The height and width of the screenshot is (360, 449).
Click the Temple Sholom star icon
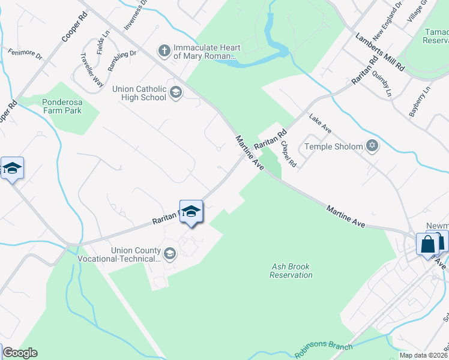(372, 146)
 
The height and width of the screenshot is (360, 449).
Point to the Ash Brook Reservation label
(291, 271)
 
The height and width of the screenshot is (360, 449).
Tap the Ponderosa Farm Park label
(70, 106)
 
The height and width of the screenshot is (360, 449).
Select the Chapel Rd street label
(289, 154)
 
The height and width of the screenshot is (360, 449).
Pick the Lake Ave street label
(320, 125)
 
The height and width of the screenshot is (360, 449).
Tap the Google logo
(20, 353)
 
